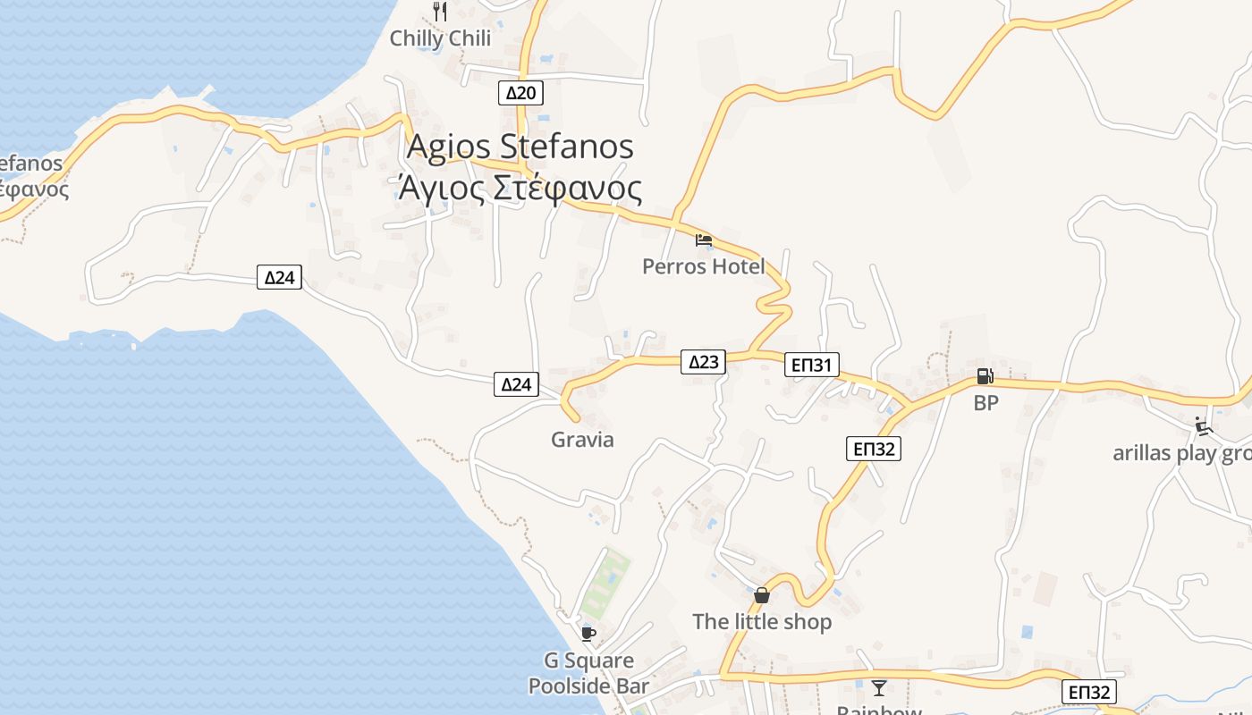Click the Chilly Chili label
pos(440,38)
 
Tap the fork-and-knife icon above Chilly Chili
pos(439,11)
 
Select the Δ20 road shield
pos(520,93)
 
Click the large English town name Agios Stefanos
pos(520,147)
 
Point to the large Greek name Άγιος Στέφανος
pos(520,189)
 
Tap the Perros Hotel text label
pos(703,266)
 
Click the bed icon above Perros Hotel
pos(704,240)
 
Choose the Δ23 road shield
pos(703,361)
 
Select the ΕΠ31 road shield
pos(812,364)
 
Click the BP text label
pos(986,403)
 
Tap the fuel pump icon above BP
pos(985,376)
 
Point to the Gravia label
pos(582,439)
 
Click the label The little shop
pos(762,621)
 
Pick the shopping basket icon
pos(762,594)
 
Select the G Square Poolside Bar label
pos(588,673)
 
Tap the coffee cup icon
pos(588,634)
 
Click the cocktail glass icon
pos(879,687)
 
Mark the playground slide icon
pos(1204,426)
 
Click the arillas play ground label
pos(1181,453)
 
